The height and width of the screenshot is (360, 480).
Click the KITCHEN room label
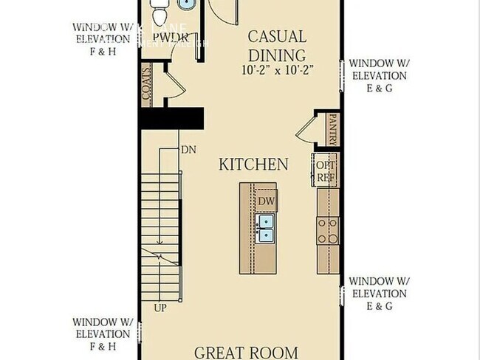[253, 164]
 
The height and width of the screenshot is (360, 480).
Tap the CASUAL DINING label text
[276, 46]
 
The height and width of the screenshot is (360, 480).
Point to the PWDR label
[166, 37]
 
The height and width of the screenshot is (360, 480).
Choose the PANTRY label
[333, 128]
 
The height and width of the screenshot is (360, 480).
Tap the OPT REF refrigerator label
[326, 171]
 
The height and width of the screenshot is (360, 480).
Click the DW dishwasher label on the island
[265, 201]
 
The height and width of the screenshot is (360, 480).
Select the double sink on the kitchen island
[264, 229]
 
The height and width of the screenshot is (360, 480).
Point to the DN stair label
[188, 150]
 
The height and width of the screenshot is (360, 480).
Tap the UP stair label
[160, 306]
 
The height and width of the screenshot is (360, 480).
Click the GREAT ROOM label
[246, 352]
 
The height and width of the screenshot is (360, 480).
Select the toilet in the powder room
[160, 12]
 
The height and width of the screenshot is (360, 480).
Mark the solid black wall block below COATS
[171, 119]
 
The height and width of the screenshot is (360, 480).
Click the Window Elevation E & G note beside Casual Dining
[378, 75]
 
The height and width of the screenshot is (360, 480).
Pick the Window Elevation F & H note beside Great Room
[103, 333]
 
